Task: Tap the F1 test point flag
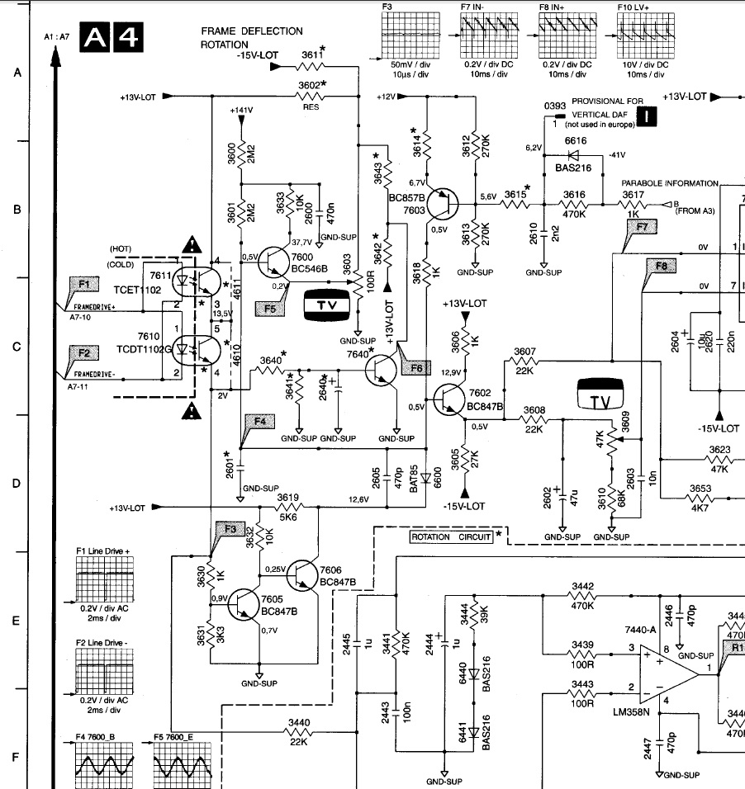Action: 83,284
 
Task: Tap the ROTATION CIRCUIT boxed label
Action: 451,536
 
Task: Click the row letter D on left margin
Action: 17,484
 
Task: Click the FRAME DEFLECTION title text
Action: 252,31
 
